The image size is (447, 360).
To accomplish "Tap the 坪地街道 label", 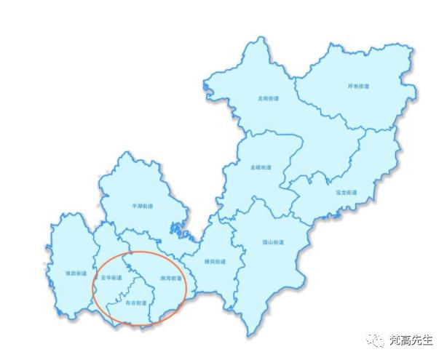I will (358, 86).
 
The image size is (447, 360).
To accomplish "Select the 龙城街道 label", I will (261, 167).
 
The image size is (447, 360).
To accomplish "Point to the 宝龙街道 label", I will (346, 193).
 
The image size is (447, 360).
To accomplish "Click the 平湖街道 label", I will (143, 206).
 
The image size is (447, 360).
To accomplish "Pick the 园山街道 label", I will (273, 242).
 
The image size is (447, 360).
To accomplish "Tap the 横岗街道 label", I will (214, 261).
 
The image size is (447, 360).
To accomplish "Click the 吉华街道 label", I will (111, 278).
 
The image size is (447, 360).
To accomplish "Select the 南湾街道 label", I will (170, 278).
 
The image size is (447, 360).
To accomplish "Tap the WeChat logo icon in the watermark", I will (377, 340).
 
